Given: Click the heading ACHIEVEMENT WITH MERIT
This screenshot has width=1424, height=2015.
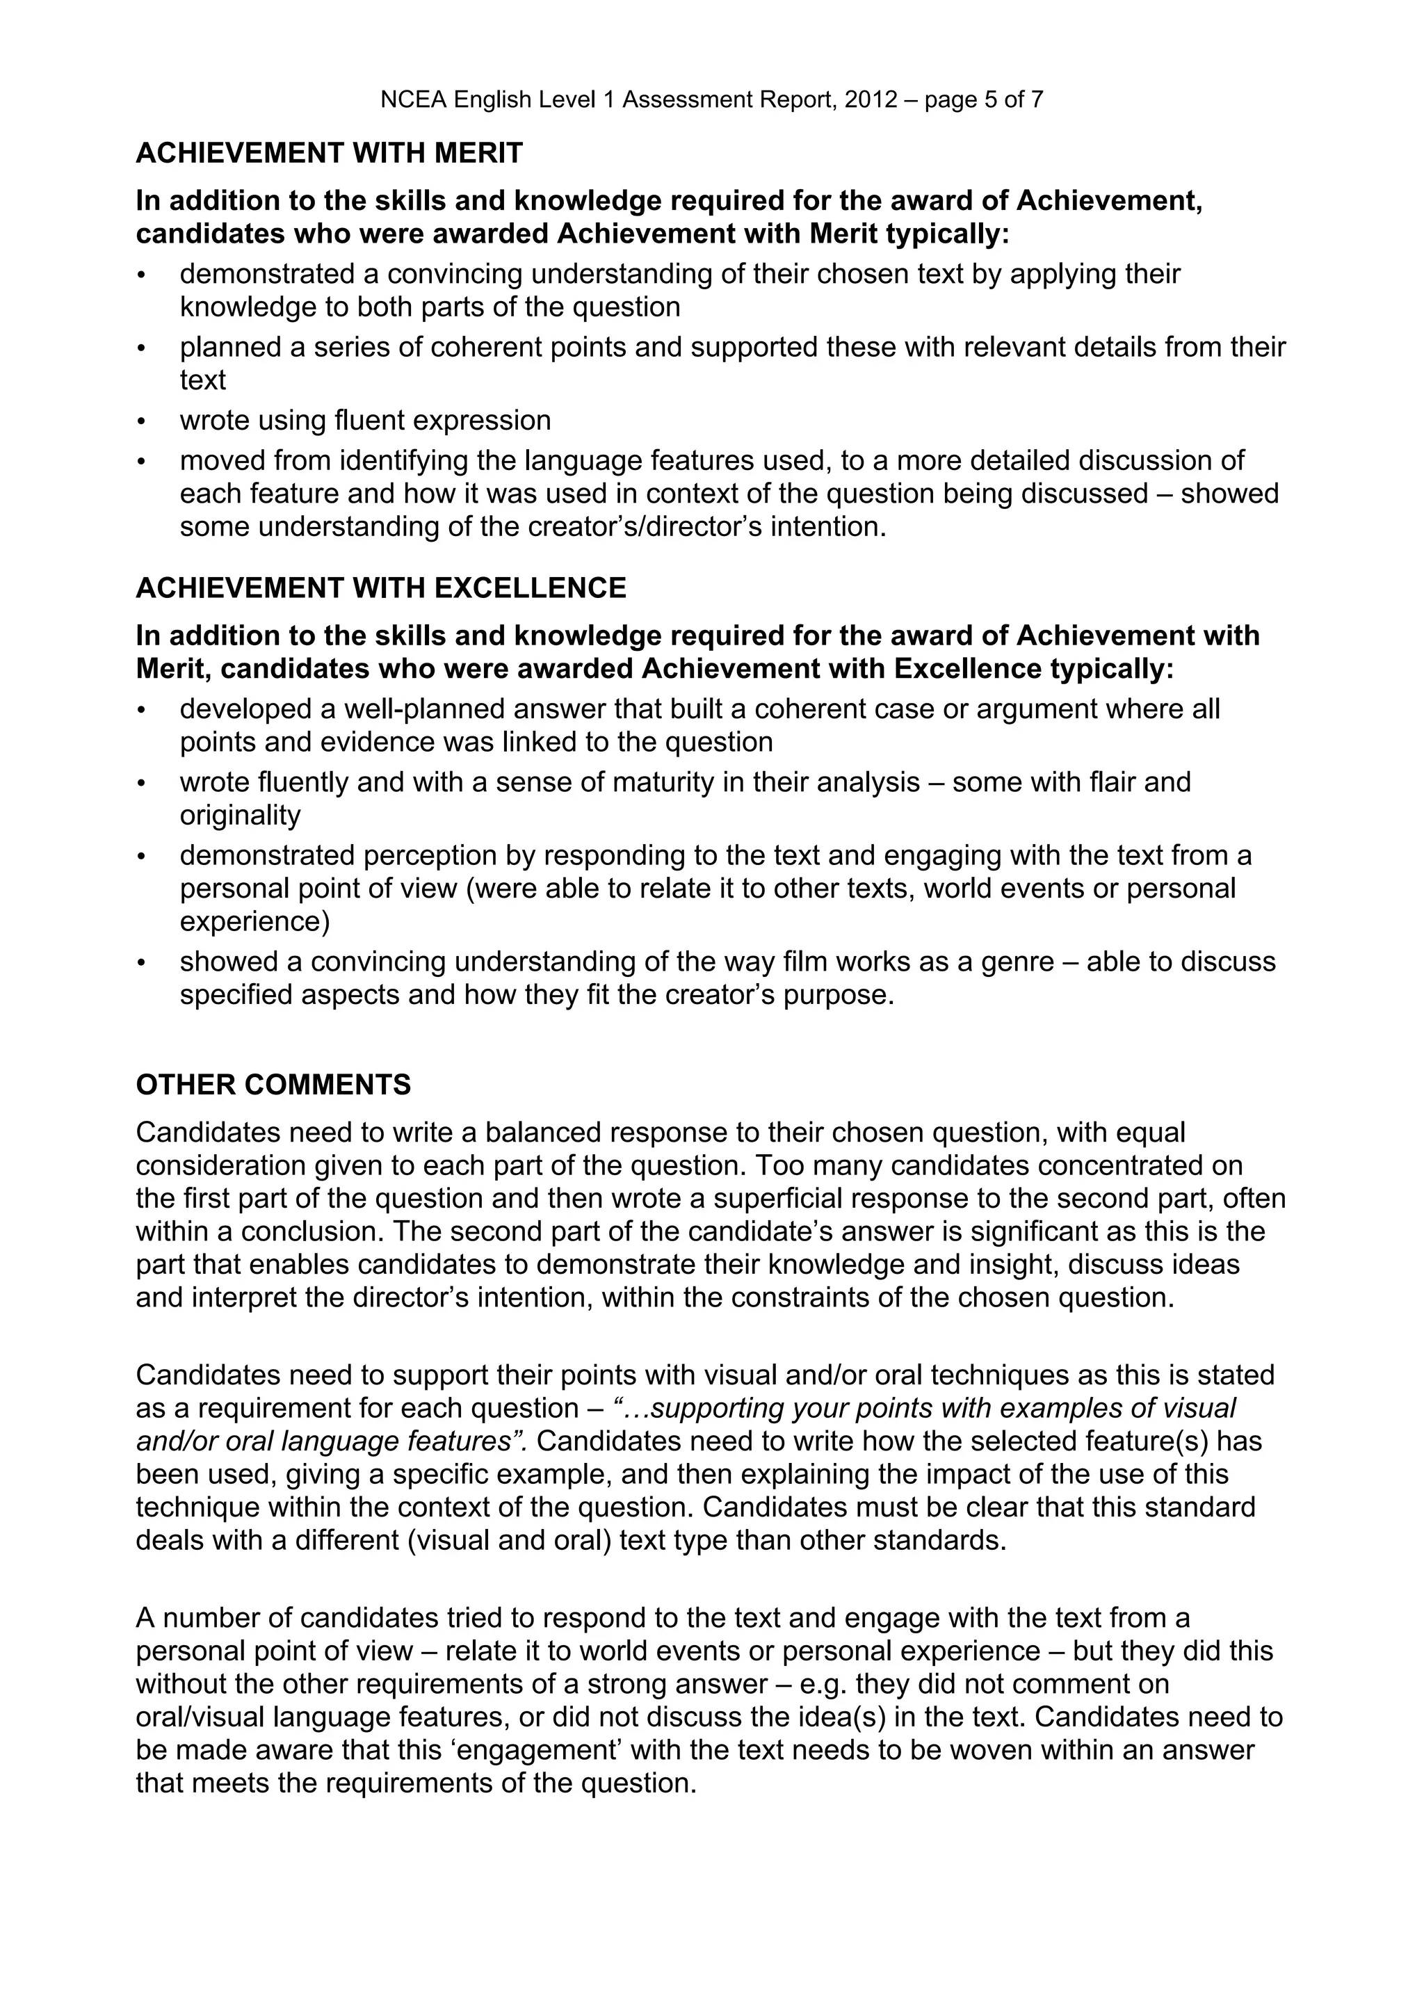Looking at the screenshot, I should pyautogui.click(x=329, y=154).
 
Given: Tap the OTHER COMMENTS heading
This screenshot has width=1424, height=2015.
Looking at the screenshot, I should pyautogui.click(x=273, y=1085).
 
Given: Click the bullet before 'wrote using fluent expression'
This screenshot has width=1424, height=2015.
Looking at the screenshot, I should pyautogui.click(x=141, y=422).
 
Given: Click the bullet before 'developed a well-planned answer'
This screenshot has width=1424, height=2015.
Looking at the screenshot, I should pyautogui.click(x=141, y=711).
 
